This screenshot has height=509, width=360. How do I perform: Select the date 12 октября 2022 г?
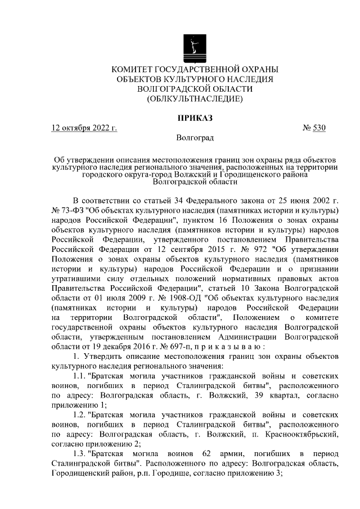tap(84, 128)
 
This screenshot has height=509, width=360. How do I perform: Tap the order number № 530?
tap(314, 128)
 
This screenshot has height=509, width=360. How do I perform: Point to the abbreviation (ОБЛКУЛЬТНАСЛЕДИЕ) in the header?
tap(195, 99)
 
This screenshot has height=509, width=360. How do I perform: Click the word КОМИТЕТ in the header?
tap(136, 69)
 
